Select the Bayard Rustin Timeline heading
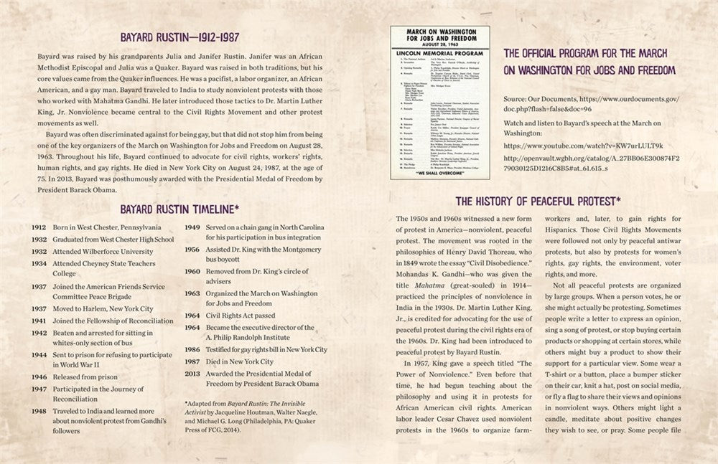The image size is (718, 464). click(x=179, y=209)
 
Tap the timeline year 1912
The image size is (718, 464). click(x=39, y=227)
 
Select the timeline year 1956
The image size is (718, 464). click(x=192, y=252)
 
